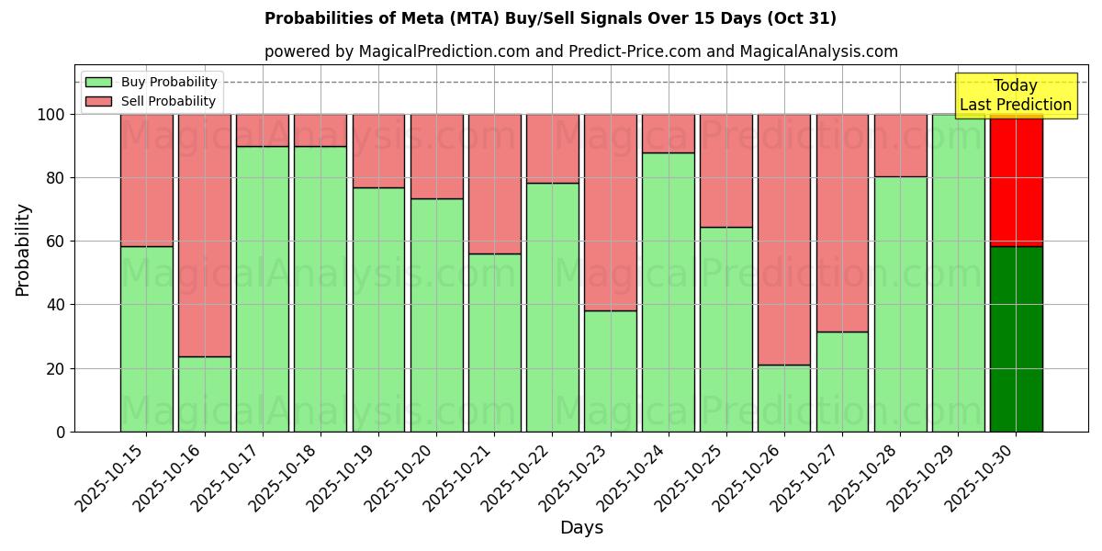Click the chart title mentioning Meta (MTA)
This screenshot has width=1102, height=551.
[550, 18]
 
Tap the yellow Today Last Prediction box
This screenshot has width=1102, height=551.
[1015, 96]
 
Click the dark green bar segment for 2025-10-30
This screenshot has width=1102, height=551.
[1016, 339]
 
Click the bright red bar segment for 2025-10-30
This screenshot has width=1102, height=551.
[1016, 180]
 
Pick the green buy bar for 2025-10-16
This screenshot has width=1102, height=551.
[204, 394]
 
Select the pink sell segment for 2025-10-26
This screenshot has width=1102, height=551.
[784, 239]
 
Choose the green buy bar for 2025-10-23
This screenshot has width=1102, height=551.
[611, 371]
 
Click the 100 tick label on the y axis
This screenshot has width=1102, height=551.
[51, 115]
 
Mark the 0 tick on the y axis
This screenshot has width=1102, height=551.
[61, 432]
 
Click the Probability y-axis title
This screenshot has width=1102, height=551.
[23, 250]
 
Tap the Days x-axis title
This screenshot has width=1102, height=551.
[581, 528]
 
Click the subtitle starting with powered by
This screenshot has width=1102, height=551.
[580, 51]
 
